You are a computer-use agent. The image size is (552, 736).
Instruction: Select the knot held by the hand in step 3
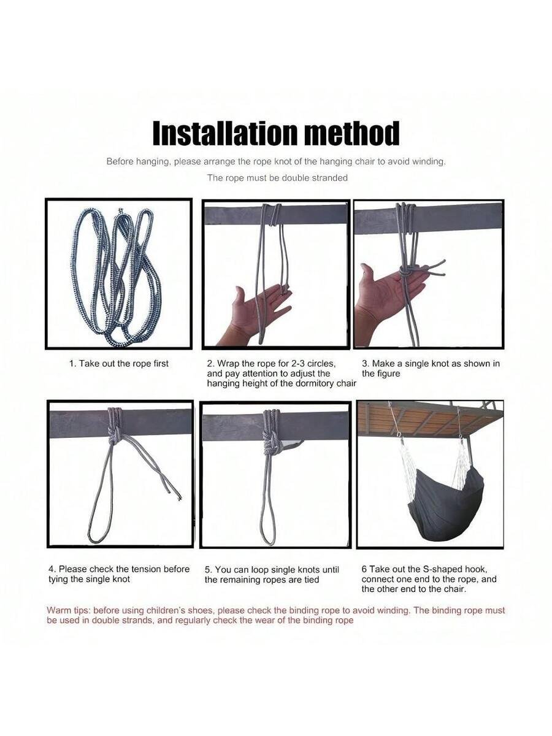pos(406,272)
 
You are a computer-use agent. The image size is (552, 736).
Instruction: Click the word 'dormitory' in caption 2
pos(307,383)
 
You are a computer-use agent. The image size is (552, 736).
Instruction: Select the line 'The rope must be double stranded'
pos(277,178)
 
